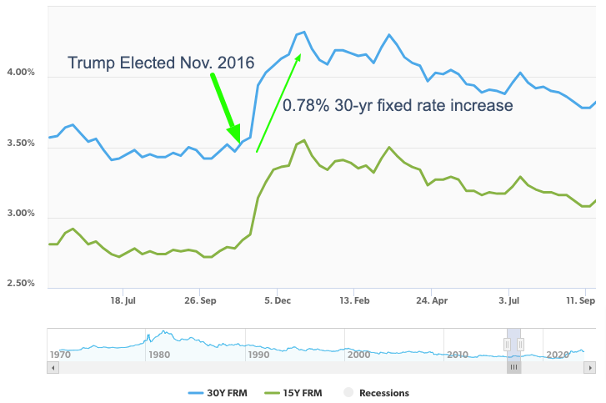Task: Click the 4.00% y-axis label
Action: [21, 73]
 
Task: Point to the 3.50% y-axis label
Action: [21, 144]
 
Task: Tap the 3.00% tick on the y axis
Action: [21, 214]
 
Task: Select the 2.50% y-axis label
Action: [21, 284]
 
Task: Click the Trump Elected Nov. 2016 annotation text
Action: [161, 63]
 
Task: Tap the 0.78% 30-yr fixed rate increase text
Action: [397, 106]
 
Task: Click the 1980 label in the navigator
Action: [158, 355]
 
